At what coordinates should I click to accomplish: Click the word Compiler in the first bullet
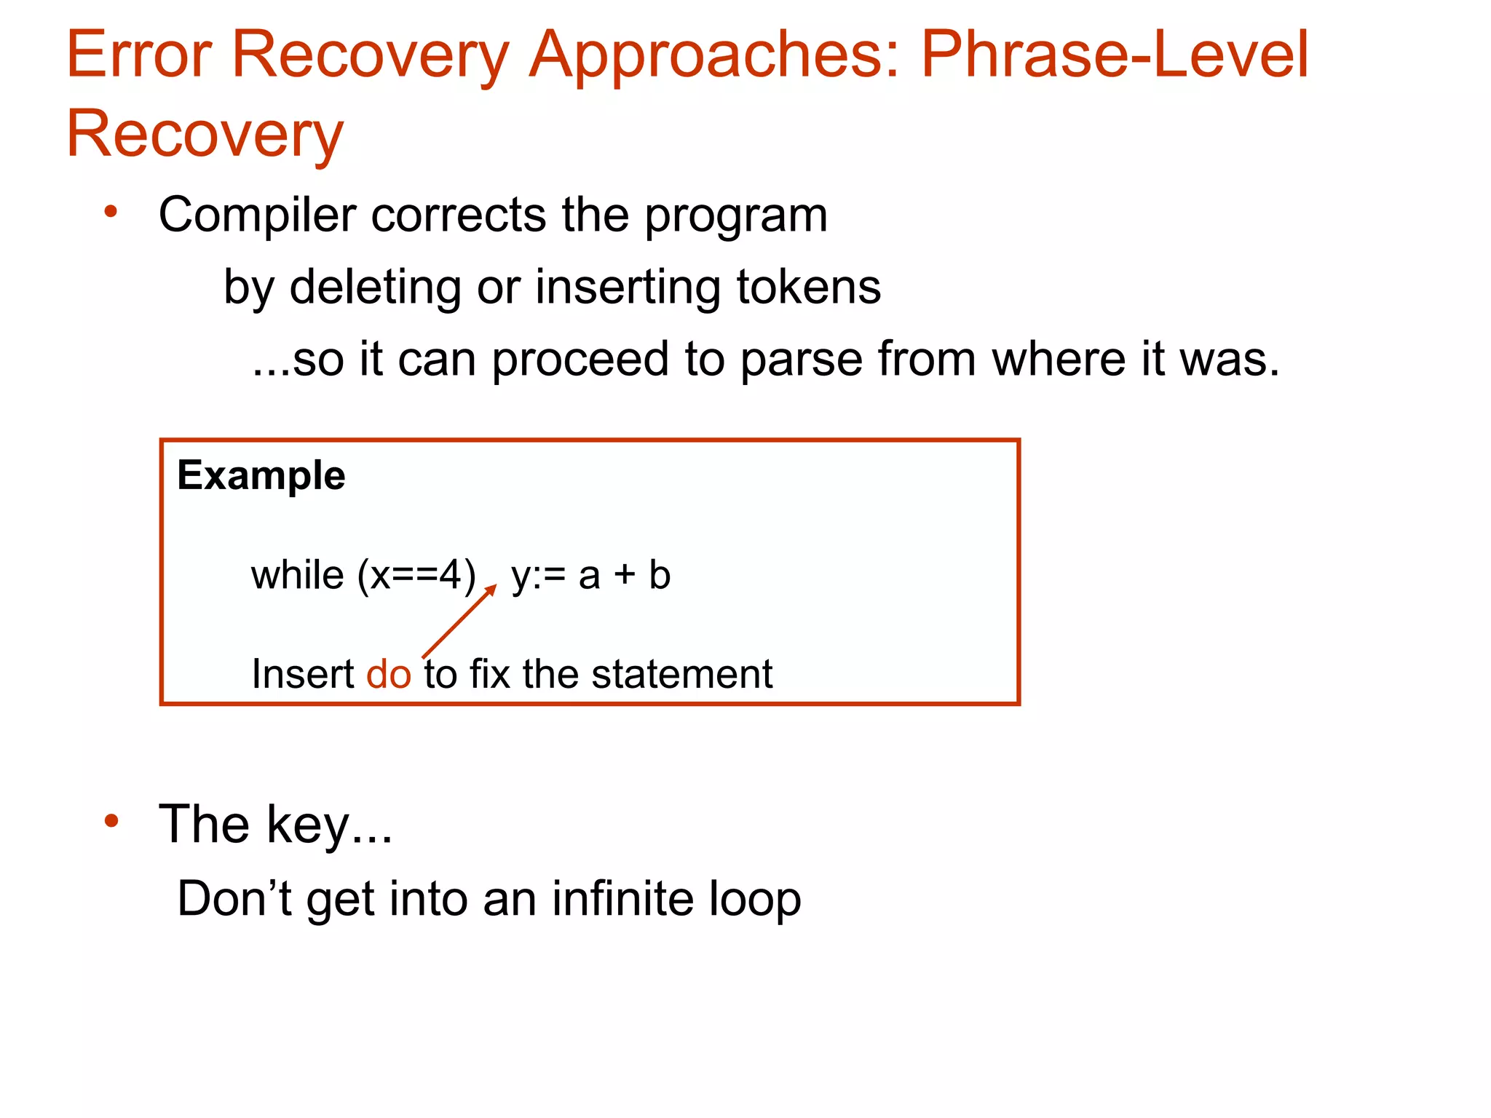pos(258,215)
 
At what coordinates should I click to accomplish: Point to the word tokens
pos(808,287)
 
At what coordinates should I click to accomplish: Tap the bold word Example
pos(261,476)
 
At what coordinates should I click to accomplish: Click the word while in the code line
pos(297,575)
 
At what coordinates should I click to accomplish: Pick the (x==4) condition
pos(416,576)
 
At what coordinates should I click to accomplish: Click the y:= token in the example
pos(538,576)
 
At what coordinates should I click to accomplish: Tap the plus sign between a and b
pos(624,576)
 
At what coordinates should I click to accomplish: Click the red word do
pos(389,674)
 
